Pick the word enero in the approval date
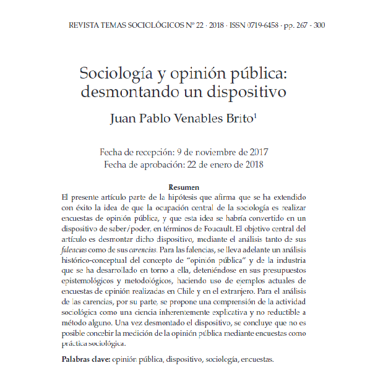(x=214, y=164)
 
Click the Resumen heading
(x=184, y=187)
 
